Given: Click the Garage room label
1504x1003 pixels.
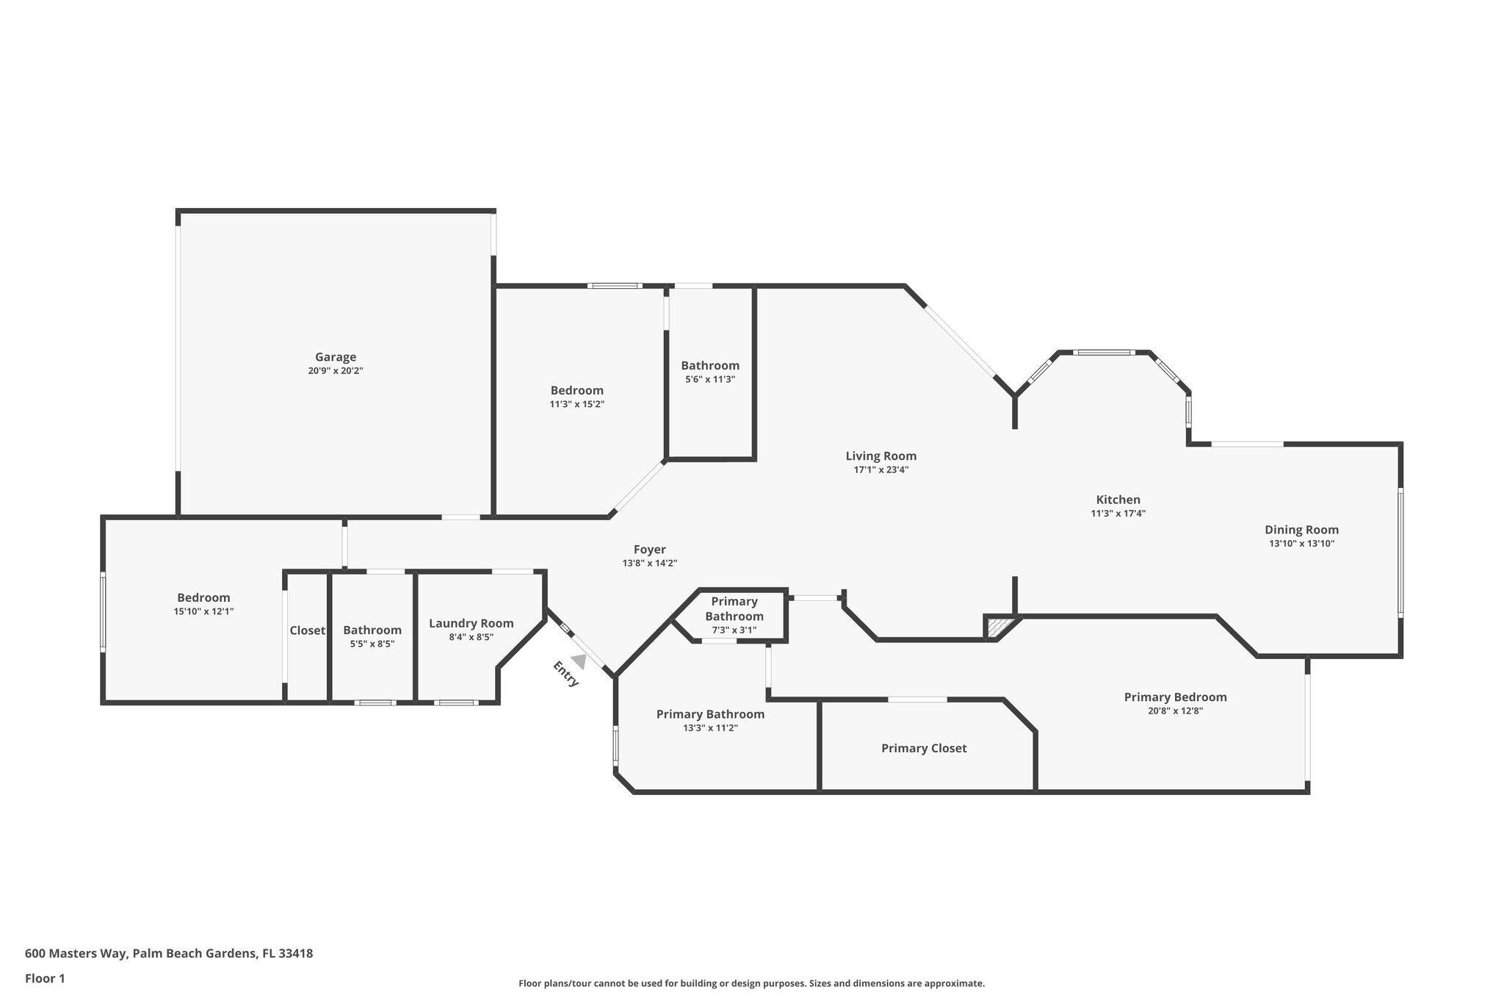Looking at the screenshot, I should (x=336, y=357).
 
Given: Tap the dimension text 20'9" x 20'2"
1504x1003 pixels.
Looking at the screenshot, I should (x=336, y=371).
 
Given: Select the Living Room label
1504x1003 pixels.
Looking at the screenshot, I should (x=881, y=456).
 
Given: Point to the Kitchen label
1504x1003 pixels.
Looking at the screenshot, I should (x=1118, y=500).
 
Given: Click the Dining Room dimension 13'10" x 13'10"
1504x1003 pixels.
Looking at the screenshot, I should (x=1301, y=544).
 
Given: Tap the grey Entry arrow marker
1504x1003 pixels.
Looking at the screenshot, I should (x=579, y=661).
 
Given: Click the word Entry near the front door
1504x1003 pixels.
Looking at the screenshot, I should (x=565, y=675).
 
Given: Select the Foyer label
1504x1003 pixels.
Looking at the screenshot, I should (x=649, y=549).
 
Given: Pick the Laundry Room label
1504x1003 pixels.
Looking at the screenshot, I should (x=471, y=623).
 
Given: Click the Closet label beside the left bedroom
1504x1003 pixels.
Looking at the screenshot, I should (x=307, y=630).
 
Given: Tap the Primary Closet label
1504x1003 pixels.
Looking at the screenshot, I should (x=924, y=748).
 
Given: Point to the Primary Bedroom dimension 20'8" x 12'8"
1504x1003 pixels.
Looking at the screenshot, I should (x=1175, y=711).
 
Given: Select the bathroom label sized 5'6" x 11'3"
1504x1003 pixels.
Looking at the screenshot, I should (x=709, y=365).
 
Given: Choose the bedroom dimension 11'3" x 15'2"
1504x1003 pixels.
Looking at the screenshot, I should (x=576, y=404).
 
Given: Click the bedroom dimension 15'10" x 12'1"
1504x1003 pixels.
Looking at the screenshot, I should (x=203, y=611).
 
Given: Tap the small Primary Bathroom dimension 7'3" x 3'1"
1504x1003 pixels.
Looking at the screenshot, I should (x=734, y=630).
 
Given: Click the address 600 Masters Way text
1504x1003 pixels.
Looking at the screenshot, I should (x=169, y=954).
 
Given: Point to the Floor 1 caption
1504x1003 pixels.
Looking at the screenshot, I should (x=45, y=979).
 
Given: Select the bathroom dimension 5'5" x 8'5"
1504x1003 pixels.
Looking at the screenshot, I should (x=372, y=644).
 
